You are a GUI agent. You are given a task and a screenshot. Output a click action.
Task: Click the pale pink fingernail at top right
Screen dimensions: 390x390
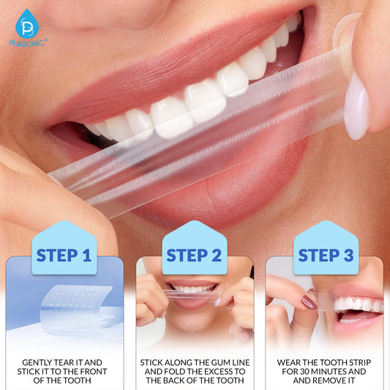pyautogui.click(x=356, y=106)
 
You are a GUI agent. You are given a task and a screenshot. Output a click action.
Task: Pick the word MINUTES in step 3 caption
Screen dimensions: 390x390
pyautogui.click(x=335, y=372)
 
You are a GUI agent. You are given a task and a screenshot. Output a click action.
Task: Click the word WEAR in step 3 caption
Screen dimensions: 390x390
pyautogui.click(x=290, y=362)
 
